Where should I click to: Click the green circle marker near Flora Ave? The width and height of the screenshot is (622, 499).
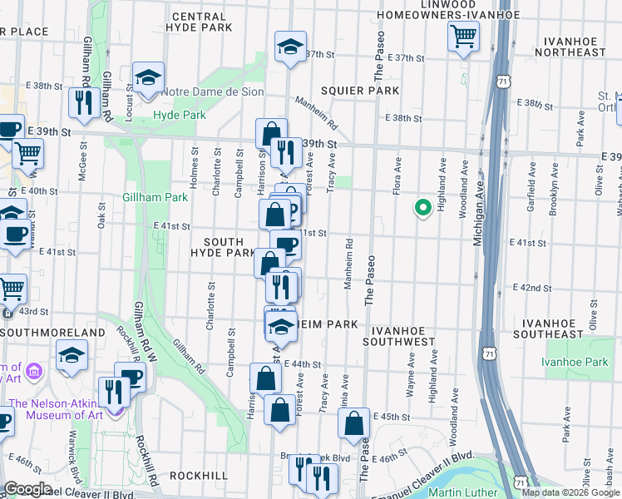[422, 208]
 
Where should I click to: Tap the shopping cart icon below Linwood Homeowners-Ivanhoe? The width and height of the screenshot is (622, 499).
[463, 36]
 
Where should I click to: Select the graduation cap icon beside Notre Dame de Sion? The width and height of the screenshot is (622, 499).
[148, 77]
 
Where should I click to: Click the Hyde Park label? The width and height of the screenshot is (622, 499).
[179, 115]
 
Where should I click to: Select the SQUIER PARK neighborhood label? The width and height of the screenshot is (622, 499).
[363, 90]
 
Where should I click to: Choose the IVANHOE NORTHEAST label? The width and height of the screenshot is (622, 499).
[573, 46]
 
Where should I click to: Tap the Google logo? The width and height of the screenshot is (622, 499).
[27, 489]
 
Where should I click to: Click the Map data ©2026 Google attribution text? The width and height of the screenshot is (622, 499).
[570, 492]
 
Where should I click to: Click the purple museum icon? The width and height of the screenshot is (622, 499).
[35, 368]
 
